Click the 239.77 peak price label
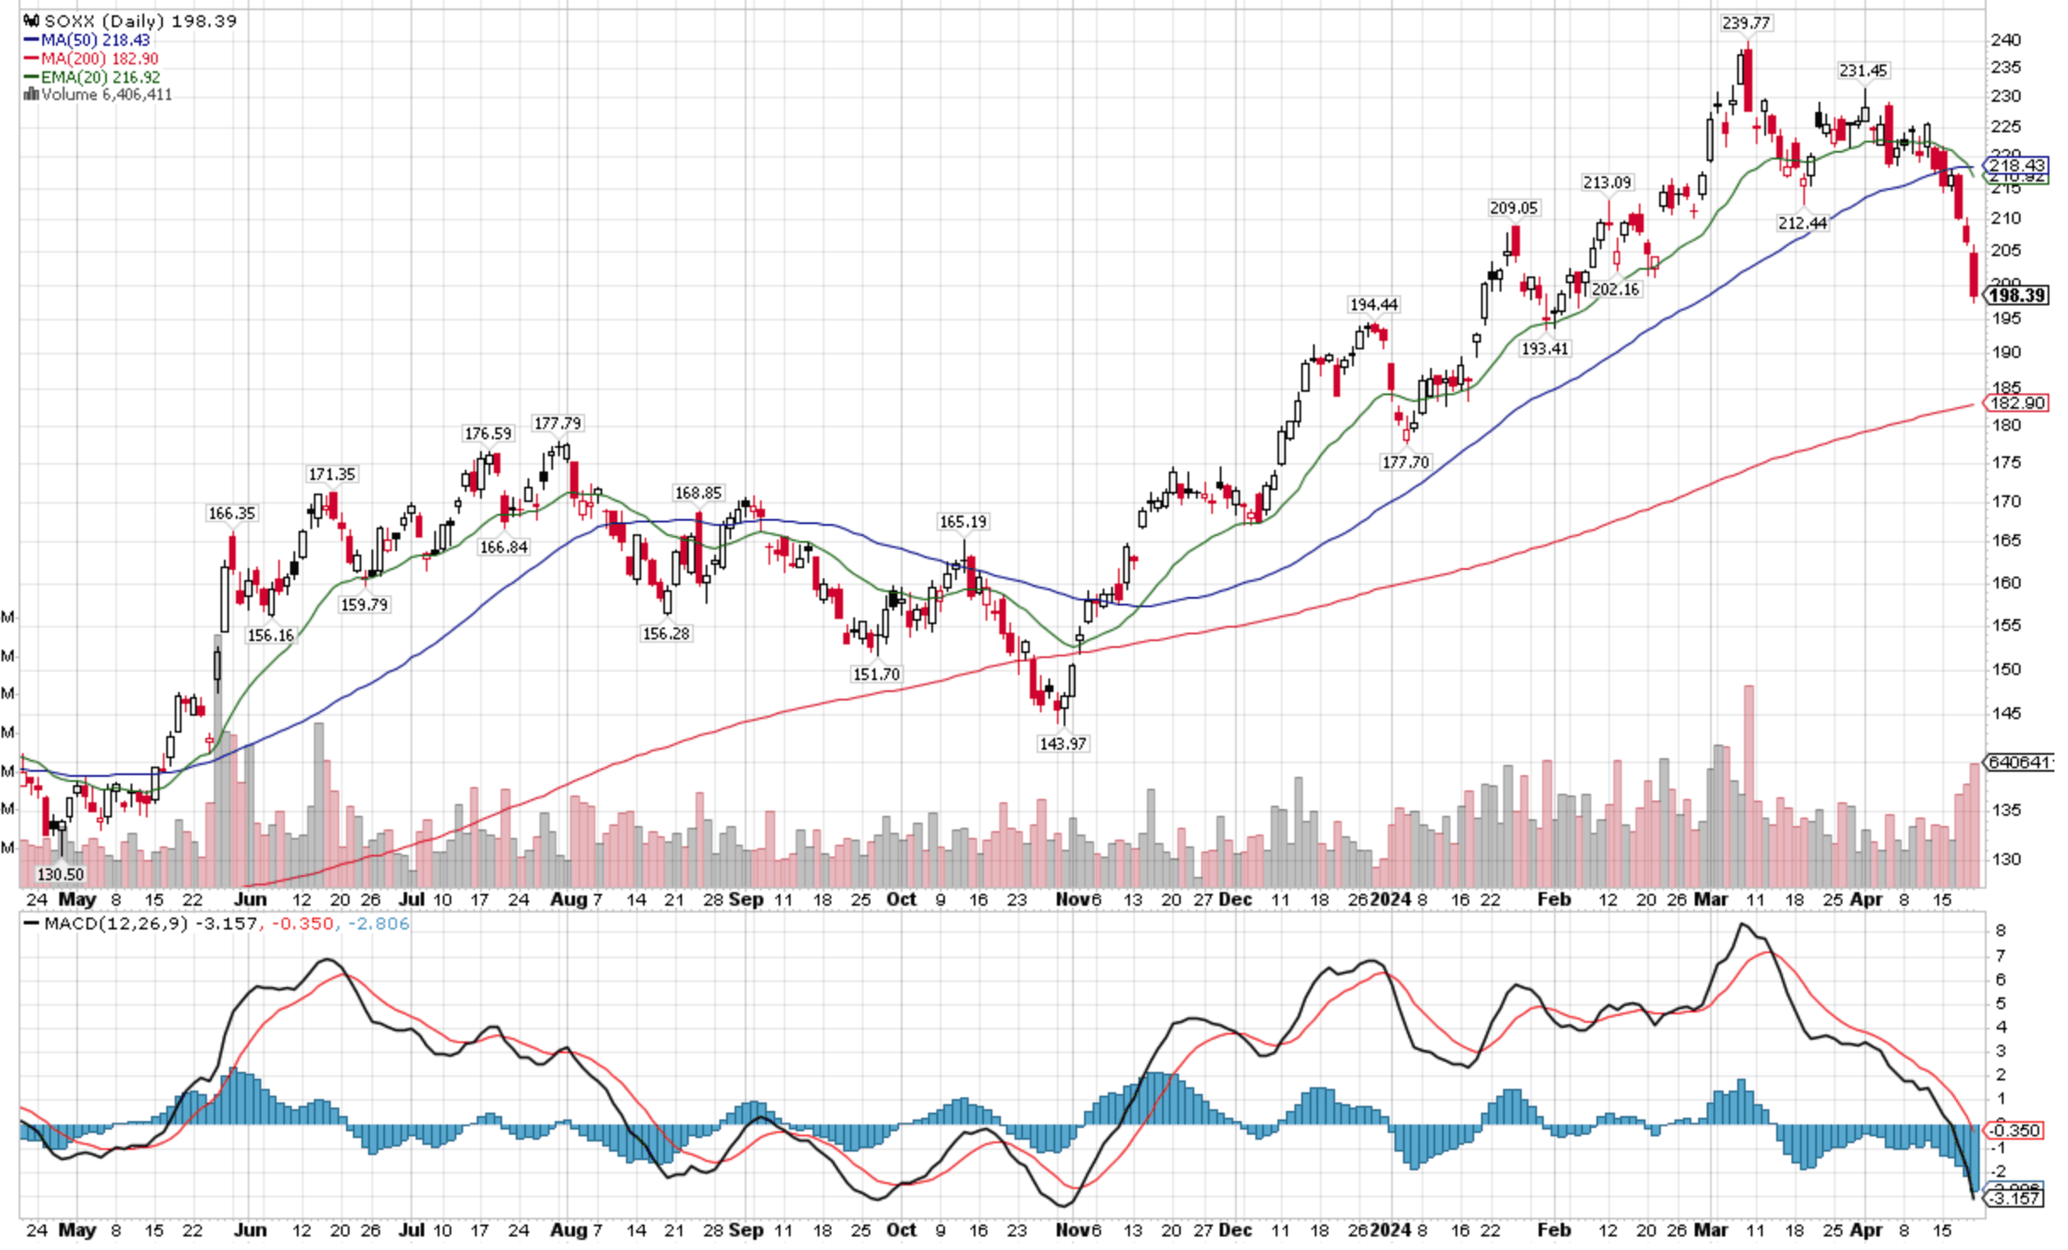(1746, 23)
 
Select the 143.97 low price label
(1062, 744)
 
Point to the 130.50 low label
(60, 874)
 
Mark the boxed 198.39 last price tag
(2017, 295)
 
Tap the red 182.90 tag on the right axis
(2017, 403)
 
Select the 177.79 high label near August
(557, 423)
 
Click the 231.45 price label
(1863, 70)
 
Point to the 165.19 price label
(963, 522)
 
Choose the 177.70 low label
(1406, 462)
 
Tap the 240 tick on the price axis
(2005, 40)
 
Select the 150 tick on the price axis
(2005, 669)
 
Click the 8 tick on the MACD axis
(2000, 930)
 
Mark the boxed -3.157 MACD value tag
(2015, 1198)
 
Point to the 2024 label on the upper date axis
(1390, 899)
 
